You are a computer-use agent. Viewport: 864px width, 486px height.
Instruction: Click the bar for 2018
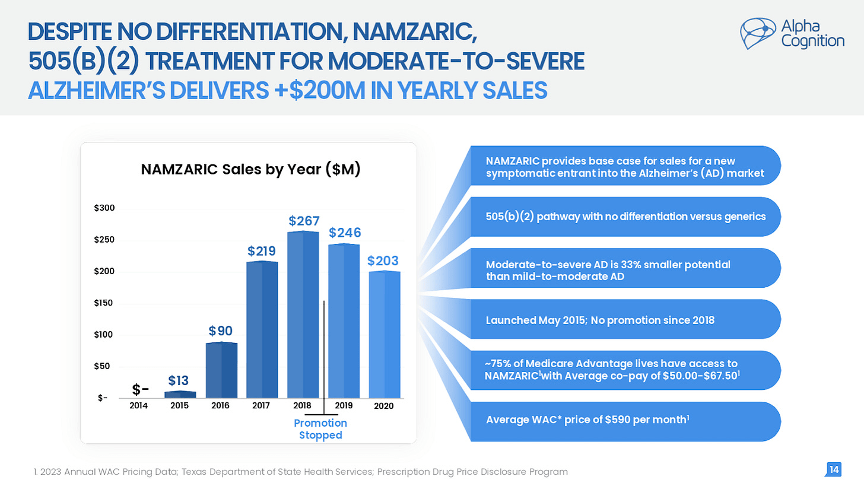[303, 315]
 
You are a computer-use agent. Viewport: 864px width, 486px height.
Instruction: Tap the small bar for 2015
[180, 395]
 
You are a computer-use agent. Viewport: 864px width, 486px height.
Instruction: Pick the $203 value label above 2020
[383, 261]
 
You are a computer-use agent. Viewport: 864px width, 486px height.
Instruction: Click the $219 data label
[262, 251]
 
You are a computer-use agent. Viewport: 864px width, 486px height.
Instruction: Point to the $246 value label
[344, 231]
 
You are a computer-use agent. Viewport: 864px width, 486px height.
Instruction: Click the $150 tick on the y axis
[104, 304]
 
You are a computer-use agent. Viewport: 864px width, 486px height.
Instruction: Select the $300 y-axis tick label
[104, 209]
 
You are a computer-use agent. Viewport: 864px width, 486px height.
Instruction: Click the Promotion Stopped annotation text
[320, 429]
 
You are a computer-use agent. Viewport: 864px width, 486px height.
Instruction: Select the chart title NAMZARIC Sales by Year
[250, 170]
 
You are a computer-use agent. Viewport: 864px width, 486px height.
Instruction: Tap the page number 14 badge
[834, 470]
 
